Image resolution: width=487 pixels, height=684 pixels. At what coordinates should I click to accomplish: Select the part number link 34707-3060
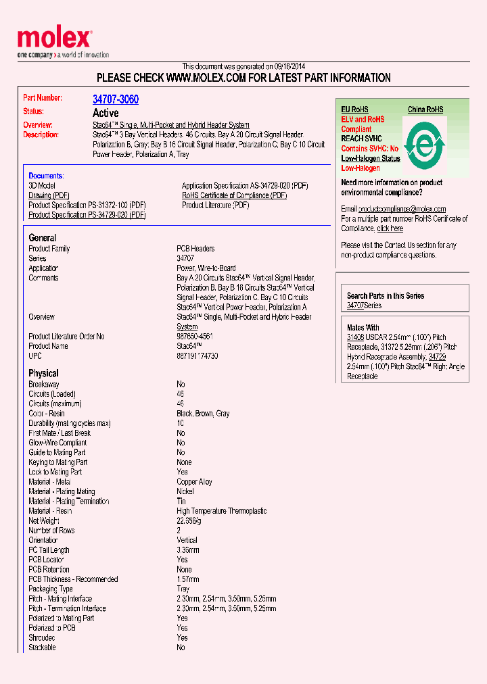(116, 99)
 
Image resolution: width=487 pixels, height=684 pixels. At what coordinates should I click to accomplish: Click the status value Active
(106, 113)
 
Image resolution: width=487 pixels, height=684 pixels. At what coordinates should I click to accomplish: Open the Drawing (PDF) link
(49, 195)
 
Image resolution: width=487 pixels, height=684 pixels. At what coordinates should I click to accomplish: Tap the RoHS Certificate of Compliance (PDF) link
(234, 195)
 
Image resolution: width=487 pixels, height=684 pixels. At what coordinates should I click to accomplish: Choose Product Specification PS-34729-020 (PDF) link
(87, 215)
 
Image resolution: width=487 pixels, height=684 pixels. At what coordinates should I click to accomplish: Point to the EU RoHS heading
(354, 109)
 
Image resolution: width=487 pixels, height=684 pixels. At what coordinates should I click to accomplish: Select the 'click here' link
(390, 228)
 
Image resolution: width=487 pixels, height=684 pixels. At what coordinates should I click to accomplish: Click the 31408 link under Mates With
(355, 337)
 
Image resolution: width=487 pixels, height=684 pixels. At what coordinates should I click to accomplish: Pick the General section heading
(42, 238)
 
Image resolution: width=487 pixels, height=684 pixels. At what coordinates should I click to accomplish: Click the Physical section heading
(43, 373)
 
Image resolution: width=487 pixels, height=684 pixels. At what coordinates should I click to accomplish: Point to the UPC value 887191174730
(198, 356)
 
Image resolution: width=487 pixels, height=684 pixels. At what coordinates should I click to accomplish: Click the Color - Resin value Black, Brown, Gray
(203, 414)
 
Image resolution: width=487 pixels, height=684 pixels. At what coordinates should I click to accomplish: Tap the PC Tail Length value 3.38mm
(188, 550)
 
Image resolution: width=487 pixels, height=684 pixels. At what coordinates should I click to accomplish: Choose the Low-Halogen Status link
(371, 158)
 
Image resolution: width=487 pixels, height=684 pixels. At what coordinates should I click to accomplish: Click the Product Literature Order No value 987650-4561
(195, 336)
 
